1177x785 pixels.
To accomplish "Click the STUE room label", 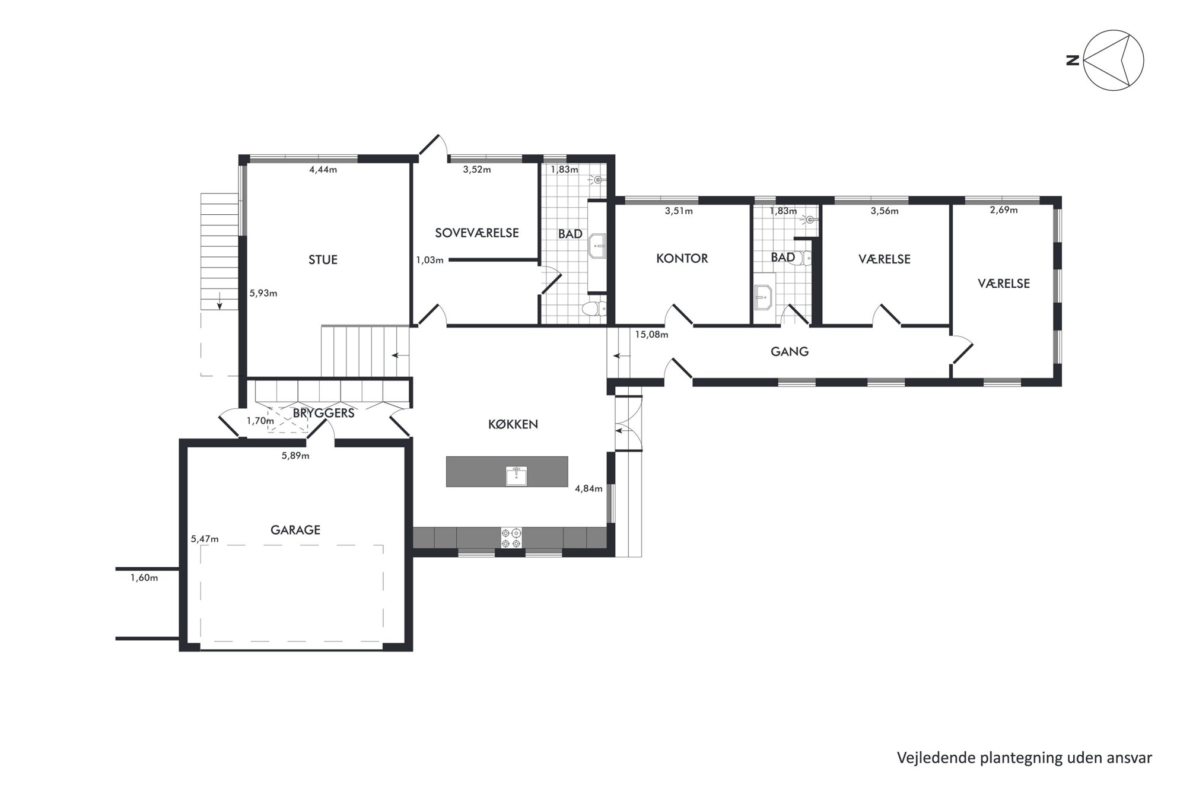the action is pyautogui.click(x=323, y=259).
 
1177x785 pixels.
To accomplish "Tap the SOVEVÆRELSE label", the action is pyautogui.click(x=477, y=233).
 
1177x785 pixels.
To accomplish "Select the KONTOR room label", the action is pyautogui.click(x=682, y=258).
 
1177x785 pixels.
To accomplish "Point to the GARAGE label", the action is pyautogui.click(x=295, y=530).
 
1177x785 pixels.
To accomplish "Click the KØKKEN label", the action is pyautogui.click(x=513, y=424).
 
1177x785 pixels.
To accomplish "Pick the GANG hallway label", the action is pyautogui.click(x=790, y=351).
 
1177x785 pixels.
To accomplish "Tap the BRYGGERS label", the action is pyautogui.click(x=323, y=413).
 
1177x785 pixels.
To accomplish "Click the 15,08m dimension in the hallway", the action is pyautogui.click(x=651, y=335).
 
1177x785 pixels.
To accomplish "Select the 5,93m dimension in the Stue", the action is pyautogui.click(x=263, y=293).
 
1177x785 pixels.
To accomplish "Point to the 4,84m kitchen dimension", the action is pyautogui.click(x=588, y=489).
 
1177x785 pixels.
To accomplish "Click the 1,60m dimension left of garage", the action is pyautogui.click(x=144, y=578).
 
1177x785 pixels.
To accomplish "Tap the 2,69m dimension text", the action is pyautogui.click(x=1004, y=210).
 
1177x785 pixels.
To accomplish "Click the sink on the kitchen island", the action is pyautogui.click(x=516, y=476).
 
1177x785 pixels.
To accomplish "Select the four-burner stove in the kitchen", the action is pyautogui.click(x=511, y=538).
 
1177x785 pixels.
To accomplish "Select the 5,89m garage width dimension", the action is pyautogui.click(x=295, y=456).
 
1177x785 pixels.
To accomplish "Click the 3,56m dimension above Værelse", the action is pyautogui.click(x=885, y=211).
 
